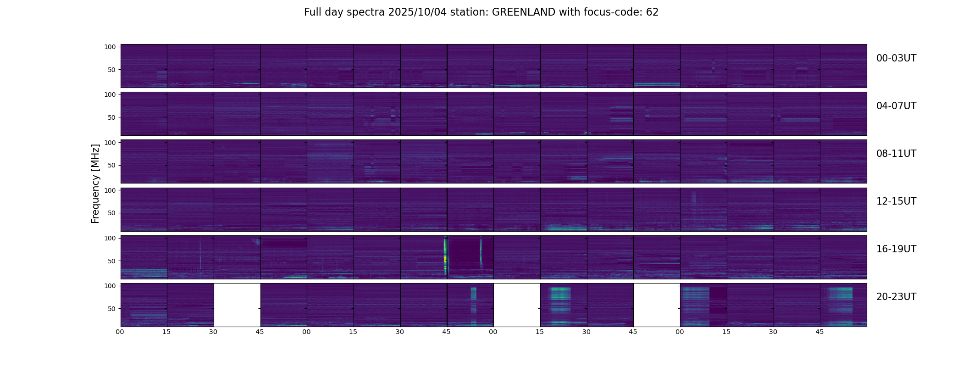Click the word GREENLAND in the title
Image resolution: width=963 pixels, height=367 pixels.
[523, 12]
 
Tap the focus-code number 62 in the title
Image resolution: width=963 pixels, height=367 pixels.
[652, 12]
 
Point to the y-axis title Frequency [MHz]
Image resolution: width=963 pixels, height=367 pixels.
[95, 183]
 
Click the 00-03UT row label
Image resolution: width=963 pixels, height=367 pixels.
[896, 58]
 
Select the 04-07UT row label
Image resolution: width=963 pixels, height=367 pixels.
[896, 106]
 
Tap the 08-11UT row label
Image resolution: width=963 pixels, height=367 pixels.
[896, 154]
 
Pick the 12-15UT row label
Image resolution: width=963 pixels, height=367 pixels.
[896, 201]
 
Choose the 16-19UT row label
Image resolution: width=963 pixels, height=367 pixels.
[896, 249]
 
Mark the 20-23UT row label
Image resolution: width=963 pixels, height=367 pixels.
[896, 297]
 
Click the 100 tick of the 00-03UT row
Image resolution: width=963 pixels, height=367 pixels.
[110, 47]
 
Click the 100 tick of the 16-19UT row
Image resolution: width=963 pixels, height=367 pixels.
[110, 238]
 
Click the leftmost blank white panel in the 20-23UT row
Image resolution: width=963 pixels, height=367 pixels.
[237, 305]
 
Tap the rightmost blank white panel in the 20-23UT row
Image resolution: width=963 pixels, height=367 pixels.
[657, 305]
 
